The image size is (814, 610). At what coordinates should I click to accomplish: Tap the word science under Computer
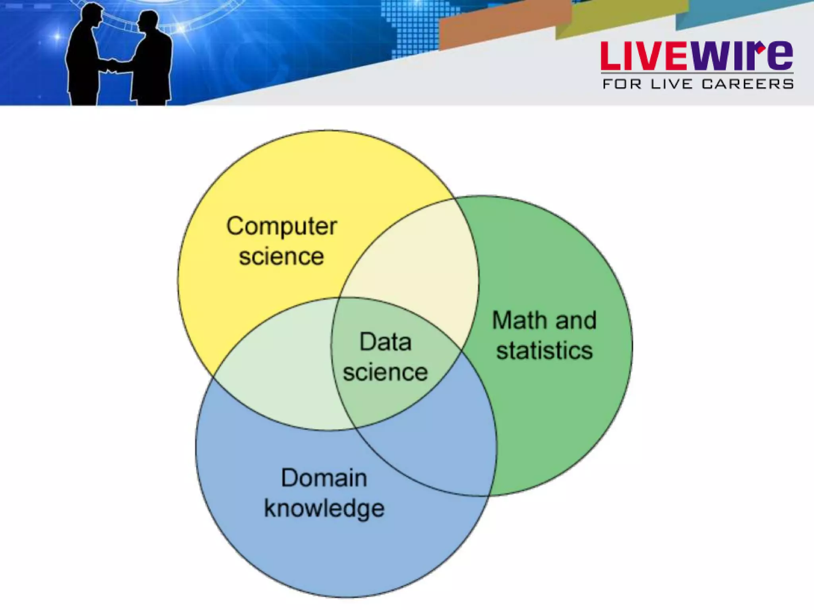coord(281,257)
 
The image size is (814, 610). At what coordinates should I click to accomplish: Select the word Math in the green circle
coord(516,320)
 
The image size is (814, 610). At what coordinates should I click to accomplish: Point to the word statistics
coord(544,351)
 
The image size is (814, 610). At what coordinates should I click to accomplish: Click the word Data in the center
coord(385,342)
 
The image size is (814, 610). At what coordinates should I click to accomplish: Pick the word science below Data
coord(385,373)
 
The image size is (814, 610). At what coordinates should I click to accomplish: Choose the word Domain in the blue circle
coord(324,478)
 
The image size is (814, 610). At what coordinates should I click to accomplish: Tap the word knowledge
coord(324,509)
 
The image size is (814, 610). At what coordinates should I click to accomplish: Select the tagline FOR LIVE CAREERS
coord(698,84)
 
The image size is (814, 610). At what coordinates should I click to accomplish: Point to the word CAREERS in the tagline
coord(747,84)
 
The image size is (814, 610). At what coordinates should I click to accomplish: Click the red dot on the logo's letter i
coord(761,49)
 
